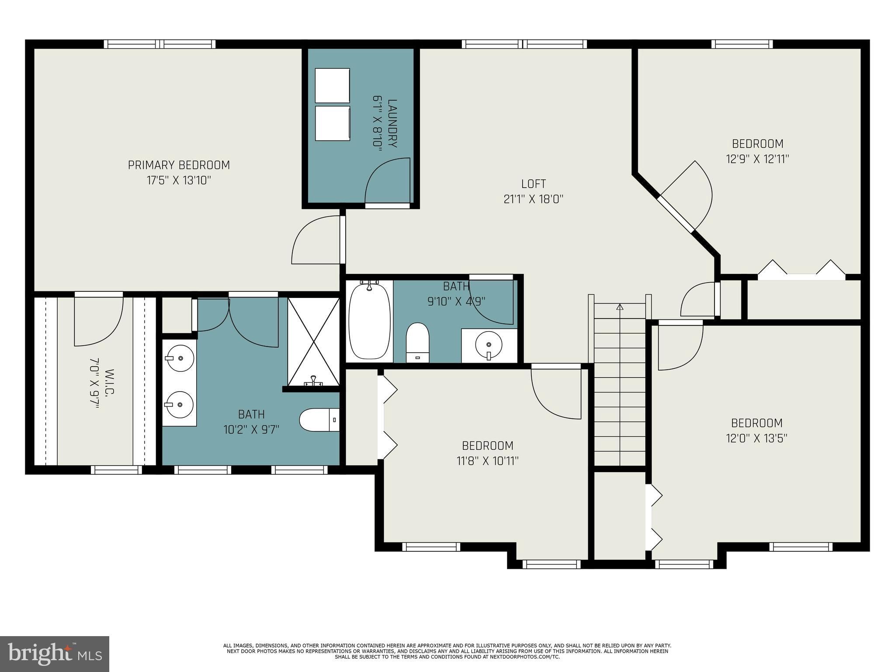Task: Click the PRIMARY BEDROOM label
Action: (x=179, y=165)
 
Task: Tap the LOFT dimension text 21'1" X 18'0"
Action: (x=533, y=199)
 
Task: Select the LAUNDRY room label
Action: (x=392, y=124)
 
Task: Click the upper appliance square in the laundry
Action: (x=332, y=85)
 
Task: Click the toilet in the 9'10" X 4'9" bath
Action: (x=417, y=343)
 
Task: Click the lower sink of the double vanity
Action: (x=180, y=405)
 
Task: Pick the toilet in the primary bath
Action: (x=319, y=420)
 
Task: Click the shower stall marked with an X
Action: (x=313, y=341)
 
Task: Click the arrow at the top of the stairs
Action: (x=619, y=307)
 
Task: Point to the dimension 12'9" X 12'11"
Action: (x=757, y=159)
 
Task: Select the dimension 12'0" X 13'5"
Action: (x=756, y=438)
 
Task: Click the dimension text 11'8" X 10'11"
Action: (x=488, y=461)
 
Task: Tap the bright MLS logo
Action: (x=55, y=654)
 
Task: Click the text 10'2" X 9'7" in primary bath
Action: (x=251, y=430)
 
